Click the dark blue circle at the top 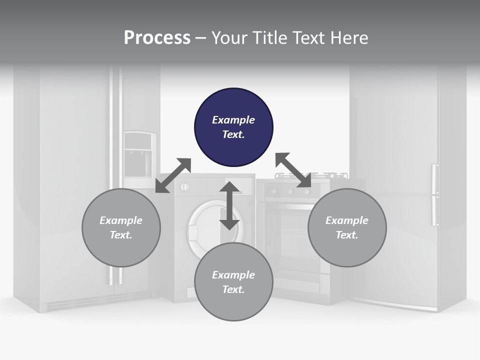click(x=233, y=127)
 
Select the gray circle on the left click(x=121, y=227)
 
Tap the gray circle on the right click(x=347, y=227)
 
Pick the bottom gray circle click(x=233, y=282)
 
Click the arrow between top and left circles click(x=173, y=175)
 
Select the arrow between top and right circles click(x=293, y=170)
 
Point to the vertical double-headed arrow click(x=229, y=205)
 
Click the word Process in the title click(x=157, y=38)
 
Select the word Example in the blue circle click(x=233, y=120)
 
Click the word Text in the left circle click(x=121, y=235)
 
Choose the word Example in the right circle click(x=347, y=220)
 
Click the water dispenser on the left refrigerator click(x=139, y=155)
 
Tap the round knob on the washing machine click(x=184, y=187)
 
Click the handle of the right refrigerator click(x=434, y=195)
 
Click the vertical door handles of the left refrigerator click(x=116, y=175)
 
